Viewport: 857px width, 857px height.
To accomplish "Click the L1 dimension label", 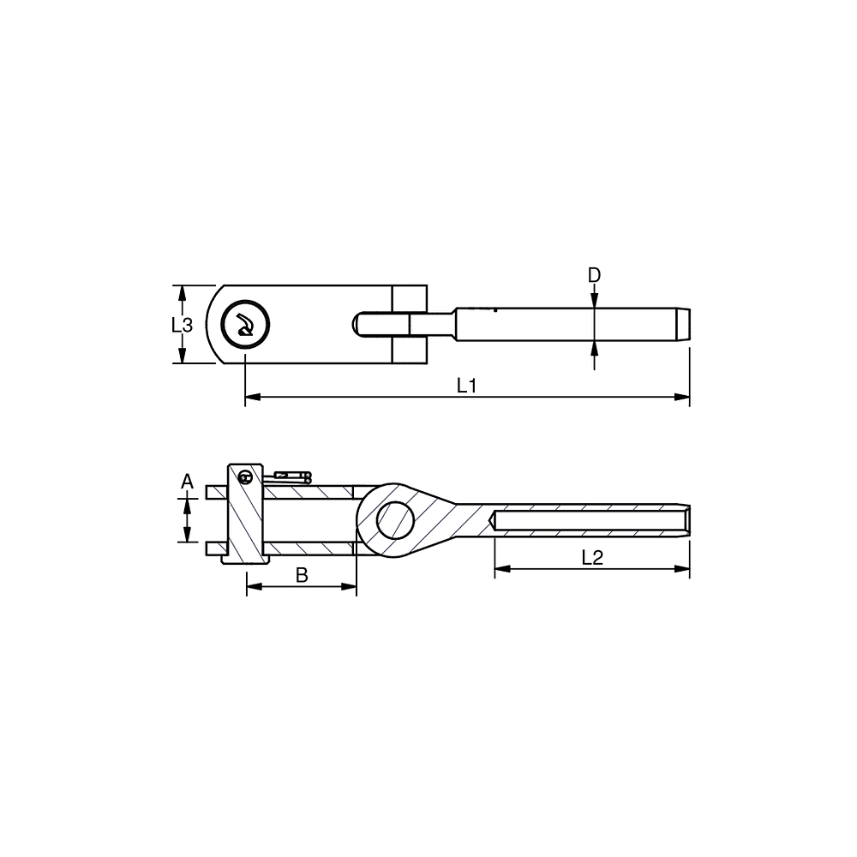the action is [467, 386].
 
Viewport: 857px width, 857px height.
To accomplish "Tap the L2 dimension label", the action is [592, 558].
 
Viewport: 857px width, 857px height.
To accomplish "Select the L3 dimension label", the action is [182, 325].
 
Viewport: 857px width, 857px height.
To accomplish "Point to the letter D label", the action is [594, 275].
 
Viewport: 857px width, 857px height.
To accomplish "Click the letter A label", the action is [188, 482].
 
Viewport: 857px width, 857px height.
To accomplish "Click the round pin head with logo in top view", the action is [245, 325].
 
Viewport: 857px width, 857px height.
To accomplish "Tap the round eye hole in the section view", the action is [396, 521].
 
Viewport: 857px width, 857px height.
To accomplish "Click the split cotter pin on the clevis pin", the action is [287, 477].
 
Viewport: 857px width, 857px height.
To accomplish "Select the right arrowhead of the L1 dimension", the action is [682, 397].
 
